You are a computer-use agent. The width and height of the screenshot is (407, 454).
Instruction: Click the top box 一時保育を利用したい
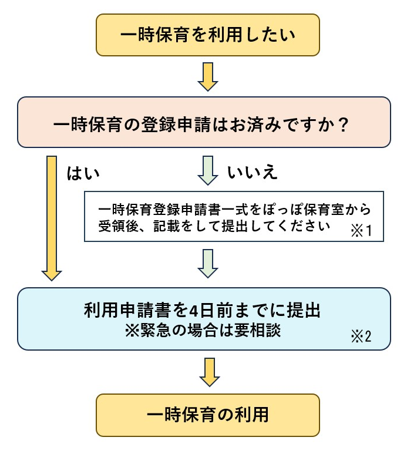pos(208,35)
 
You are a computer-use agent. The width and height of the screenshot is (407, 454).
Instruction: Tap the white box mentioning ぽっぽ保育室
pos(234,216)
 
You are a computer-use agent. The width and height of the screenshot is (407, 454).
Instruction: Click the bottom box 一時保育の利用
pos(208,415)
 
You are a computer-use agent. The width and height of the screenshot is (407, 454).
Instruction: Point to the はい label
pos(84,173)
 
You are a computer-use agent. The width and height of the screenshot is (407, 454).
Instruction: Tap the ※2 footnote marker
pos(361,338)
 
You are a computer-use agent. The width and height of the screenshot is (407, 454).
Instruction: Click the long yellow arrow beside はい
pos(52,217)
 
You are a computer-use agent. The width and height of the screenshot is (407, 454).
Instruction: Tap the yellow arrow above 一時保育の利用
pos(208,372)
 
